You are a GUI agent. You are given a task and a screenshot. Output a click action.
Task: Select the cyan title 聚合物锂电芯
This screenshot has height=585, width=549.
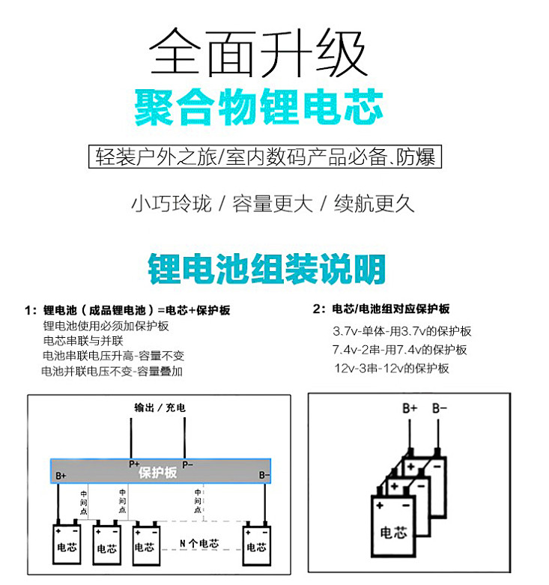click(x=259, y=108)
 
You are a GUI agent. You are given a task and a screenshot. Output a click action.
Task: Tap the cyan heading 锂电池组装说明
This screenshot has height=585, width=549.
click(x=267, y=268)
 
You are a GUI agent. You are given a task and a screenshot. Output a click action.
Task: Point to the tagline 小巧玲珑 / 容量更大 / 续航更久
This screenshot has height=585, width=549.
click(x=273, y=203)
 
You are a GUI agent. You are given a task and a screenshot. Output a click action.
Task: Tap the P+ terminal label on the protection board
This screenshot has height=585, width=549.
click(x=134, y=464)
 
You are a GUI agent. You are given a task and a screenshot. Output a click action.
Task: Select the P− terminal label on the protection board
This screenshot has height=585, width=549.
click(x=187, y=464)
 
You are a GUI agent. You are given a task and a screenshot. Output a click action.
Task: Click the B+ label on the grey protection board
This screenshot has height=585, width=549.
click(x=61, y=475)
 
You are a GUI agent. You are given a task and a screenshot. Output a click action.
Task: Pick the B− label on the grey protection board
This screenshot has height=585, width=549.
click(x=264, y=475)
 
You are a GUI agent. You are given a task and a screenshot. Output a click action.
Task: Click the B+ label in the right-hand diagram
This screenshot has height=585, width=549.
click(x=410, y=408)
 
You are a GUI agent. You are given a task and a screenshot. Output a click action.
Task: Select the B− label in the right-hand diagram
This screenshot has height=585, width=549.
click(x=440, y=408)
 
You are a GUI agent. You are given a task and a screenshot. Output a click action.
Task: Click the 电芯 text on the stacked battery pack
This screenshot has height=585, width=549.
click(x=394, y=533)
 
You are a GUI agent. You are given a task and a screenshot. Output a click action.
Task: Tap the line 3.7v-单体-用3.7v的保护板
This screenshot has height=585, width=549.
click(x=402, y=331)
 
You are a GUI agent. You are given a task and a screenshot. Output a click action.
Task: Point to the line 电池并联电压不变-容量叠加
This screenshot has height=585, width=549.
click(x=112, y=371)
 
